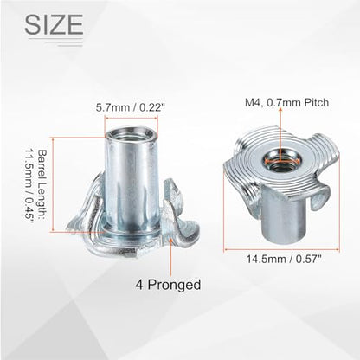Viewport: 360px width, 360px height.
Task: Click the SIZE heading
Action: (54, 24)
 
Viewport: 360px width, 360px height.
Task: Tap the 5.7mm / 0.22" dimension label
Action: (130, 108)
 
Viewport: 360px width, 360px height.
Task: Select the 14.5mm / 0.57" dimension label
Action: (284, 259)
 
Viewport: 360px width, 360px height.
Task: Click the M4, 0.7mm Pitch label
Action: (286, 102)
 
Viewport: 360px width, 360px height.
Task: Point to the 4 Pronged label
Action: (168, 285)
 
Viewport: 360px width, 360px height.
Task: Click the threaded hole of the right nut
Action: (279, 159)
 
